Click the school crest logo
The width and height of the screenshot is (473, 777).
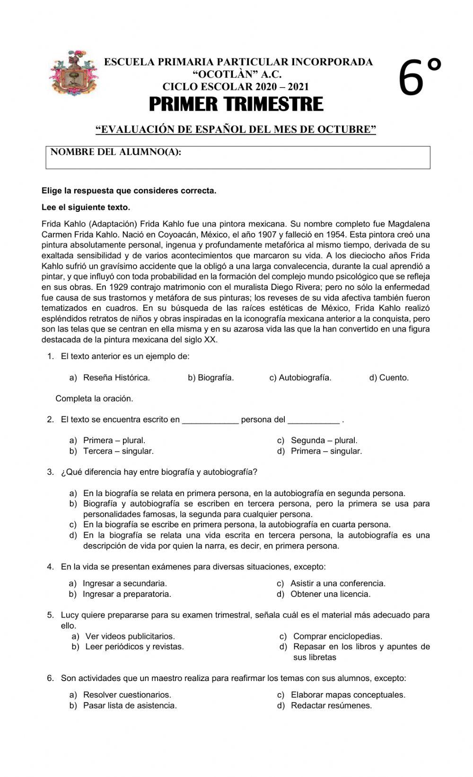[73, 73]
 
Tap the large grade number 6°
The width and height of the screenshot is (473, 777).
[420, 78]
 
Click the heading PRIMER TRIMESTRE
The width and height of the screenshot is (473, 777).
[236, 104]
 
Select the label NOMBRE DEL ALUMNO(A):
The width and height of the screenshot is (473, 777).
[116, 152]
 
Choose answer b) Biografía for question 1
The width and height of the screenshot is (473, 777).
[211, 377]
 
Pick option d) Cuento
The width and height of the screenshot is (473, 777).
[389, 377]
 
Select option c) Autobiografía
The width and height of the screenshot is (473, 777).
[300, 377]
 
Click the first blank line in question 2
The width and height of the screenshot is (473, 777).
[210, 420]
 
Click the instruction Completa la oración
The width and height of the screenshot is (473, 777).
[94, 399]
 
